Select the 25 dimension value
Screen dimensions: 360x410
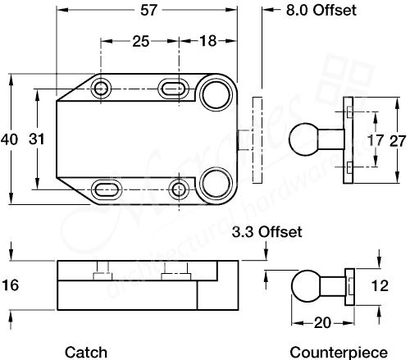coord(140,39)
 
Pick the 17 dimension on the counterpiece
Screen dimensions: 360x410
coord(375,140)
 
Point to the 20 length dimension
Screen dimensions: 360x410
coord(323,322)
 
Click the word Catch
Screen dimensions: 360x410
coord(86,352)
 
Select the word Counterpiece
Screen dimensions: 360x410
coord(338,352)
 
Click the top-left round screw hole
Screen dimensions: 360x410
coord(102,88)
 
